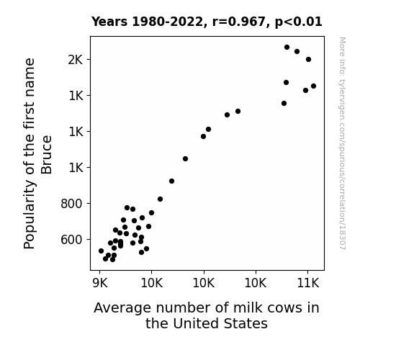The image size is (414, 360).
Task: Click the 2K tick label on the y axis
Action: pyautogui.click(x=76, y=60)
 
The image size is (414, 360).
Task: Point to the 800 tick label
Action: pyautogui.click(x=71, y=204)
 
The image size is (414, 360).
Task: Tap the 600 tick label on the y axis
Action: pyautogui.click(x=71, y=240)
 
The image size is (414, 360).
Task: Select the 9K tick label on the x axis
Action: pyautogui.click(x=100, y=283)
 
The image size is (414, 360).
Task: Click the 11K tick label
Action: pyautogui.click(x=308, y=283)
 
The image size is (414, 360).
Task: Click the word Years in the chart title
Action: pyautogui.click(x=109, y=22)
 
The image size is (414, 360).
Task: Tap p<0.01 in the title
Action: pyautogui.click(x=298, y=22)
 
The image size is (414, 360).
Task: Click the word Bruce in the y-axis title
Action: pyautogui.click(x=47, y=155)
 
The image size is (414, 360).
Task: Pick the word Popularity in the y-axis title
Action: pyautogui.click(x=30, y=215)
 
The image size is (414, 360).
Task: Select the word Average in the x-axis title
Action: pyautogui.click(x=122, y=308)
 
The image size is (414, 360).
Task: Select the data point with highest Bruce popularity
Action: pyautogui.click(x=287, y=48)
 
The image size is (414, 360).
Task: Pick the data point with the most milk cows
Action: pyautogui.click(x=314, y=86)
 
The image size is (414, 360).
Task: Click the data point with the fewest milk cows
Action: pyautogui.click(x=101, y=251)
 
